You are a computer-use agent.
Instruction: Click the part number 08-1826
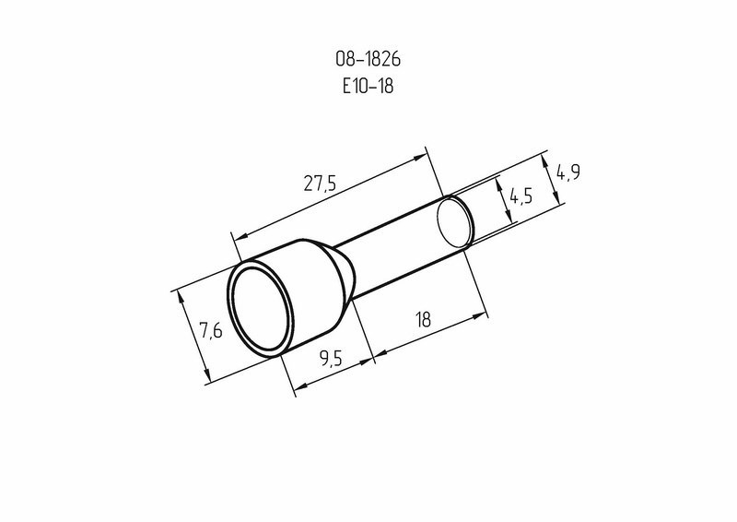coord(368,59)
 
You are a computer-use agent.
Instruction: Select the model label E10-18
coord(368,86)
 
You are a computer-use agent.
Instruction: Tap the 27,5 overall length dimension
coord(320,183)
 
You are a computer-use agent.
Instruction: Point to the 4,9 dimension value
coord(568,172)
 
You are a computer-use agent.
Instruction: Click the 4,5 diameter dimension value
coord(521,196)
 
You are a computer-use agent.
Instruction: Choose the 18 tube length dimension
coord(423,319)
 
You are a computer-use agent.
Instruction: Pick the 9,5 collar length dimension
coord(331,359)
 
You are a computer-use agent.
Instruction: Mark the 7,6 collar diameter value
coord(211,330)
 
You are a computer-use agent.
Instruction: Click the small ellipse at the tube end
coord(455,221)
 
